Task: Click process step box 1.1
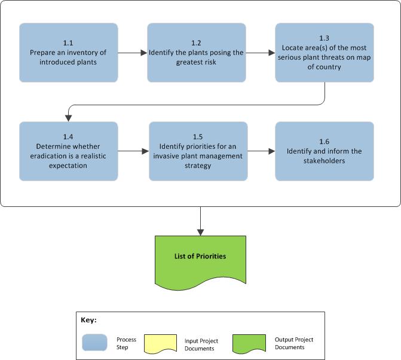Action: coord(68,53)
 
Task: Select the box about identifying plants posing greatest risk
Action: coord(197,53)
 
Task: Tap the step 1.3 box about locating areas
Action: coord(325,53)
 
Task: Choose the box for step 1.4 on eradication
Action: coord(68,151)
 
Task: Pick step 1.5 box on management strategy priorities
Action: coord(198,151)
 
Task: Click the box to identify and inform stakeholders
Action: coord(325,151)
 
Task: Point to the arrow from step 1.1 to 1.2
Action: coord(132,53)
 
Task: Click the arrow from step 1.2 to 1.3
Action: coord(260,53)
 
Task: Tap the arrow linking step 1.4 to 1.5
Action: coord(133,151)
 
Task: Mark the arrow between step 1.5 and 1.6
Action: coord(261,151)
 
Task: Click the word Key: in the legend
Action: coord(88,320)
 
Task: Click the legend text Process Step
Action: coord(126,343)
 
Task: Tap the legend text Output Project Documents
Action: coord(293,343)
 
